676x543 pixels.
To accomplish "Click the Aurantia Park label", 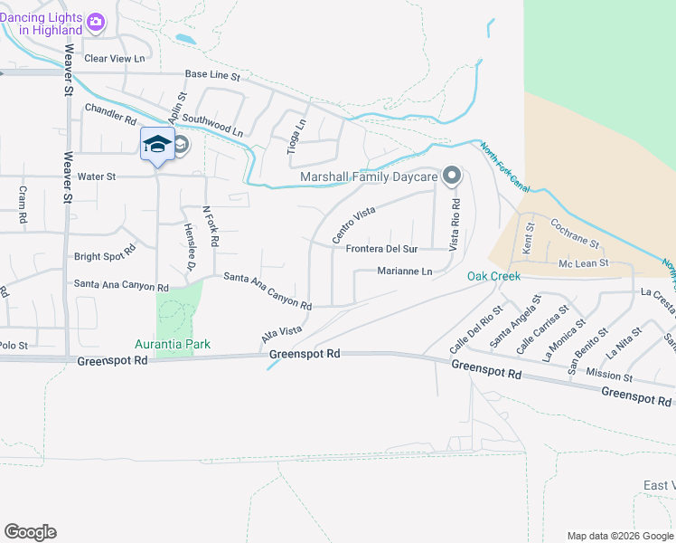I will point(172,344).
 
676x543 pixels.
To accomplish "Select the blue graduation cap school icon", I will point(157,145).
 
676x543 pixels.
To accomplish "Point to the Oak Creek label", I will point(493,276).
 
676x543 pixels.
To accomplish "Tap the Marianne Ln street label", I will point(405,271).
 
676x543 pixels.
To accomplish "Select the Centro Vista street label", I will point(353,224).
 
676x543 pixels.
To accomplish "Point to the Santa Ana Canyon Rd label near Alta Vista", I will point(268,291).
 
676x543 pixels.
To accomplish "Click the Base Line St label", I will point(212,76).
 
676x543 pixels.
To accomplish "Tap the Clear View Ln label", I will point(114,59).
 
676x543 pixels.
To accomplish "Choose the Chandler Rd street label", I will point(110,113).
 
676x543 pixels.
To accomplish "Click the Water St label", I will point(98,176).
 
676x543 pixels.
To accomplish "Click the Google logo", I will point(30,532).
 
